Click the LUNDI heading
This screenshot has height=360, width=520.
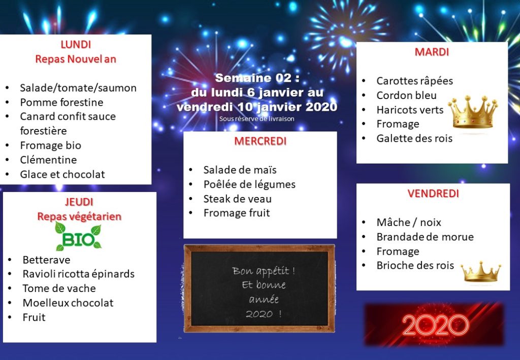(x=76, y=44)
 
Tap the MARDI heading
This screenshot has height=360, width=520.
(x=432, y=52)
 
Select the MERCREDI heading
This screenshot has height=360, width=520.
(x=261, y=141)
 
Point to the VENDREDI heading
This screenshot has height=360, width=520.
(x=433, y=193)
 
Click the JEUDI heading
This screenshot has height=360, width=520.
(x=79, y=202)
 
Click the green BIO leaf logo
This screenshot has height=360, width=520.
(x=79, y=236)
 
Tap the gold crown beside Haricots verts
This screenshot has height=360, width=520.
(x=473, y=112)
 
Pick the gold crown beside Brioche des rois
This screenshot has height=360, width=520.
(x=481, y=272)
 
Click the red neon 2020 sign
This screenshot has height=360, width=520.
(x=435, y=324)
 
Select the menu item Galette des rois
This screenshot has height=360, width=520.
(x=414, y=138)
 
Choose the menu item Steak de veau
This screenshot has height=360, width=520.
(x=238, y=199)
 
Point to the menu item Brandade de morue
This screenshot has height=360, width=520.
(x=425, y=237)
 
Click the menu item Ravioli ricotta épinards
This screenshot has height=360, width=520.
(x=79, y=274)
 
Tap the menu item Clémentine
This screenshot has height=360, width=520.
(x=48, y=160)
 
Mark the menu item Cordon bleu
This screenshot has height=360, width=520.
(x=406, y=95)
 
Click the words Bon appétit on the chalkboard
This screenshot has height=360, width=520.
(x=264, y=271)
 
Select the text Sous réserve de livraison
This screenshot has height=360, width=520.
(x=256, y=119)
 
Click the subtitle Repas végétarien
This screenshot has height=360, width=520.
(x=79, y=216)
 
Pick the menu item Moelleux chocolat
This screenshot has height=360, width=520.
(x=68, y=303)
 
